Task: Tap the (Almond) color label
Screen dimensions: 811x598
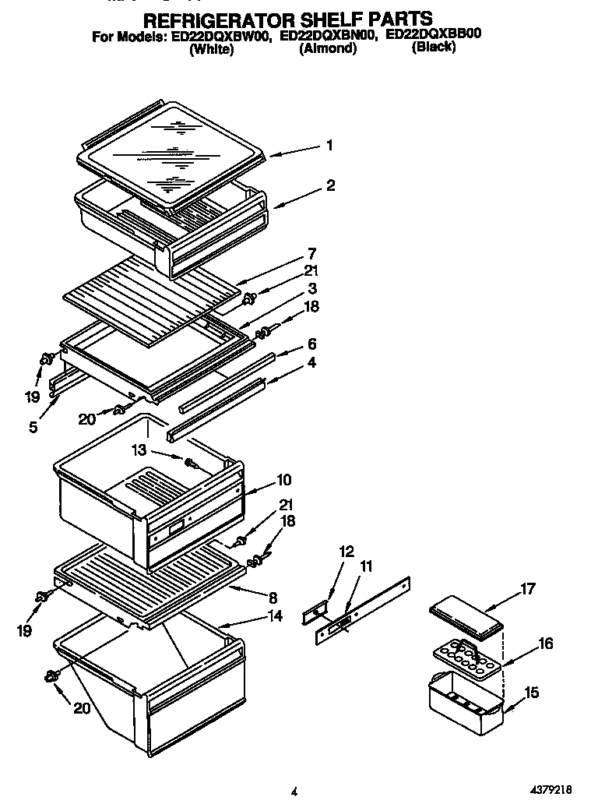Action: point(328,48)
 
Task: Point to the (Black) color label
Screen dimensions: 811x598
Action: point(434,47)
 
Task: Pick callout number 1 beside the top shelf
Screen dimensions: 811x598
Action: point(330,145)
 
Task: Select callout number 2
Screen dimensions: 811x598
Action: point(331,185)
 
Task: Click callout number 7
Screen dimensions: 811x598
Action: point(311,253)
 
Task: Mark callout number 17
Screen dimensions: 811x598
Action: point(528,590)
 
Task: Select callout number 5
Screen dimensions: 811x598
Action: point(33,427)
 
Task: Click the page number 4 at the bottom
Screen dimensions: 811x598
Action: point(294,792)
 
